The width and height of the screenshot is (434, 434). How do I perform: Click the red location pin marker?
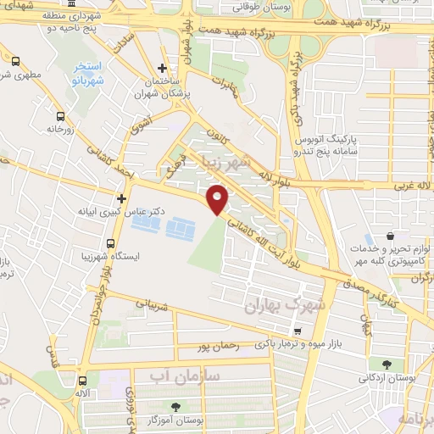[x=219, y=198]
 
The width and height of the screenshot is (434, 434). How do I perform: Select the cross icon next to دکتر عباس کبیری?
[x=122, y=199]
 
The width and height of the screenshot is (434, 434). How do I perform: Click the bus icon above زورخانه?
[x=60, y=117]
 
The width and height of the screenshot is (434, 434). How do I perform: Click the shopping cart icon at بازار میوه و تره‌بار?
[x=297, y=330]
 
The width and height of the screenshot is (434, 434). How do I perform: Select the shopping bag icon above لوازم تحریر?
[x=388, y=236]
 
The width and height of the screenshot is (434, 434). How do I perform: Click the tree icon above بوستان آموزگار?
[x=176, y=406]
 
